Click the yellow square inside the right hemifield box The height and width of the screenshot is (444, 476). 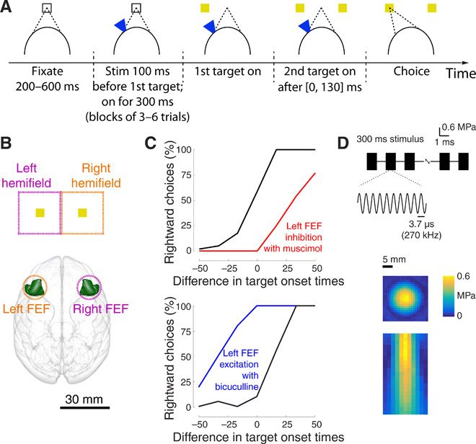[x=82, y=213]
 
